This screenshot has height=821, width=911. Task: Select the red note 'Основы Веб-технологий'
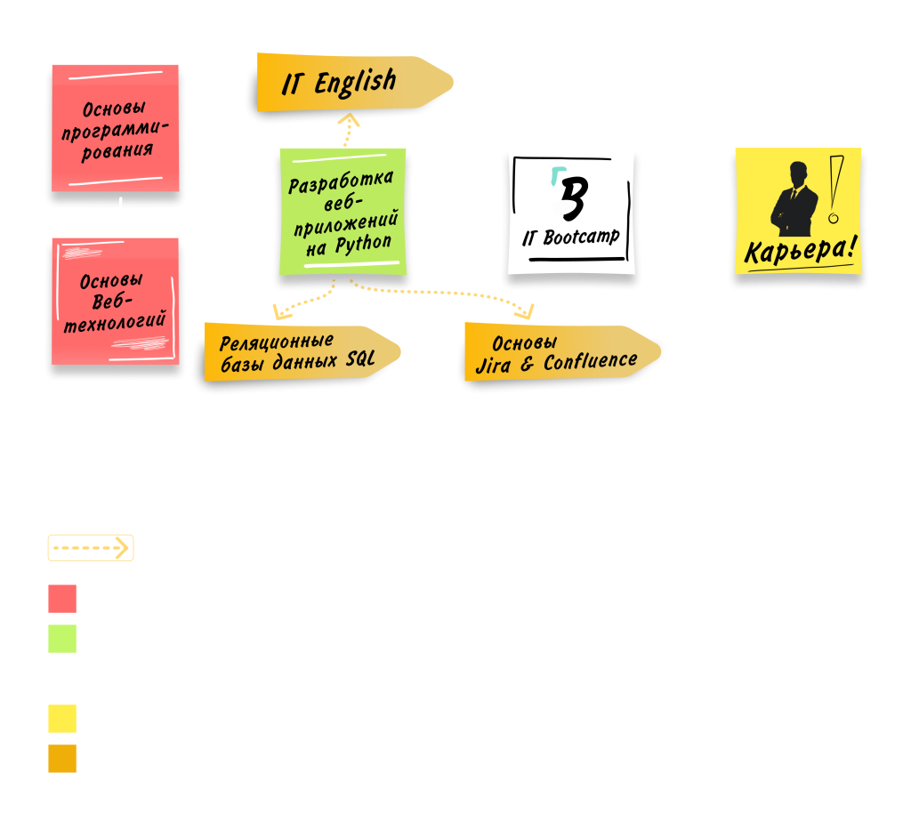[115, 302]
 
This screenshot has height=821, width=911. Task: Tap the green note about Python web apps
[342, 212]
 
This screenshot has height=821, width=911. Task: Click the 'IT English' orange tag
[347, 83]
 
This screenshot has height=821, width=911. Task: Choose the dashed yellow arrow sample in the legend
[91, 548]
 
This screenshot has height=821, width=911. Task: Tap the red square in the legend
[62, 598]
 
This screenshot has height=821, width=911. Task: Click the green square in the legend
[62, 639]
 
